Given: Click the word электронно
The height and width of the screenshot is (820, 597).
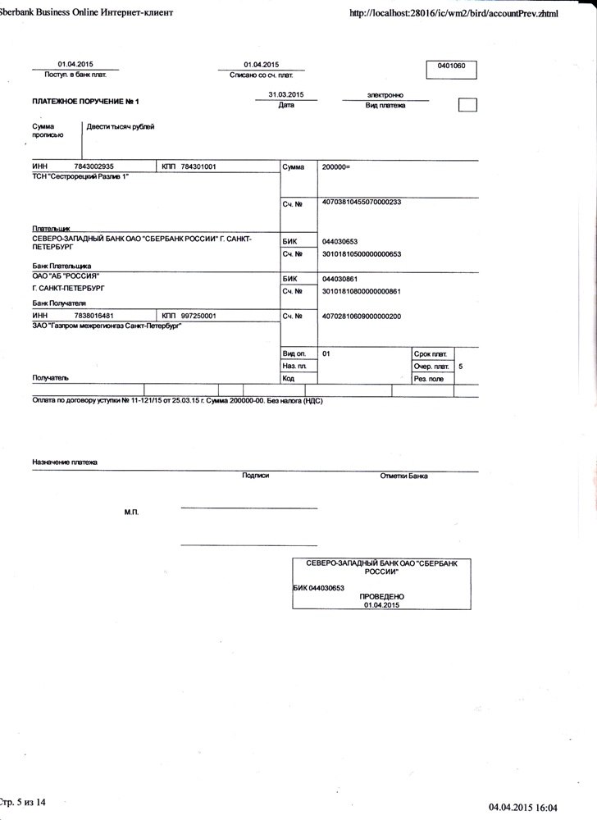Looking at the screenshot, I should pyautogui.click(x=385, y=95).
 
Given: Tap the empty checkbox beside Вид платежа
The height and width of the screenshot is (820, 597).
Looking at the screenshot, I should pyautogui.click(x=467, y=105).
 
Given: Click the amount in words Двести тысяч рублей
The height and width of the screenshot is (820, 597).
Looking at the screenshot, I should pyautogui.click(x=121, y=126).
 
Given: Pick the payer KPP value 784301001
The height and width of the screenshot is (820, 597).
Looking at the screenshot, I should pyautogui.click(x=198, y=166).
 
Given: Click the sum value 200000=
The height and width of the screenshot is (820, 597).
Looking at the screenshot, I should pyautogui.click(x=336, y=166).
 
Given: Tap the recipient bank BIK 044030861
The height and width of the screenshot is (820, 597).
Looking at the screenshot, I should pyautogui.click(x=340, y=279).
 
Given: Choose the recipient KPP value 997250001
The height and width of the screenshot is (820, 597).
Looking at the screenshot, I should pyautogui.click(x=198, y=316).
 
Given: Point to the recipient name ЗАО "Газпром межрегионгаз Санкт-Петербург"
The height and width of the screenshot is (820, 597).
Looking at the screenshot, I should pyautogui.click(x=107, y=326).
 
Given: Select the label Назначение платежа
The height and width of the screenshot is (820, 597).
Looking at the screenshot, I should pyautogui.click(x=65, y=462).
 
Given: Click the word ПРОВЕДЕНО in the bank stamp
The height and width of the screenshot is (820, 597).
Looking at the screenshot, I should pyautogui.click(x=381, y=596).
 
